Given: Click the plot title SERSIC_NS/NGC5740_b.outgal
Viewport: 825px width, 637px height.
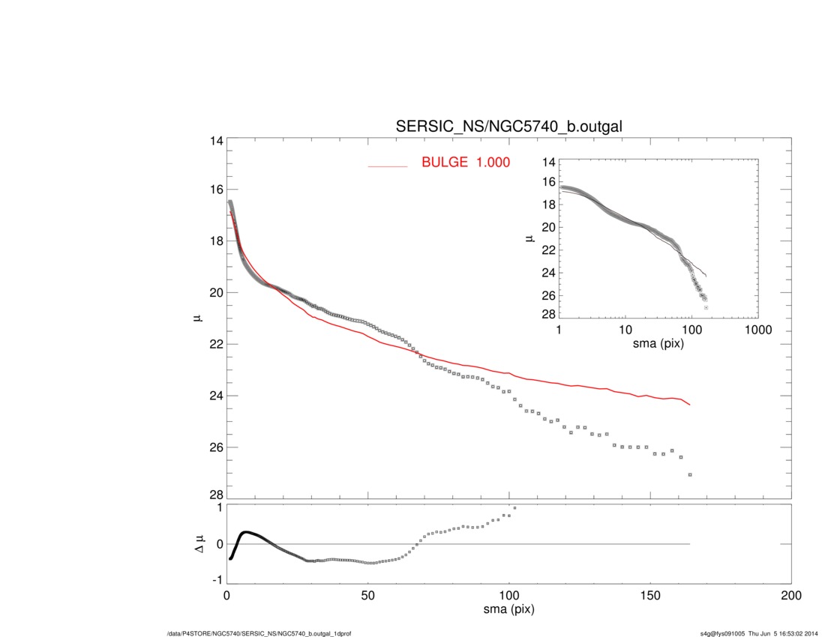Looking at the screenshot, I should (x=508, y=127).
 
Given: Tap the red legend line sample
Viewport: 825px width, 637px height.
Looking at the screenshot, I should (x=388, y=166).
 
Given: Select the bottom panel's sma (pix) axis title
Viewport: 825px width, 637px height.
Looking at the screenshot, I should (x=508, y=610).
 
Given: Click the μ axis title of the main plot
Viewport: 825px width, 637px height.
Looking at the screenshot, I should (x=196, y=319).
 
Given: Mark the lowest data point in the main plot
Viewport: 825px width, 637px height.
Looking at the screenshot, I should (x=689, y=474).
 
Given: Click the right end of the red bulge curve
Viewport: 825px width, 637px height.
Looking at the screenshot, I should (x=689, y=405).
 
